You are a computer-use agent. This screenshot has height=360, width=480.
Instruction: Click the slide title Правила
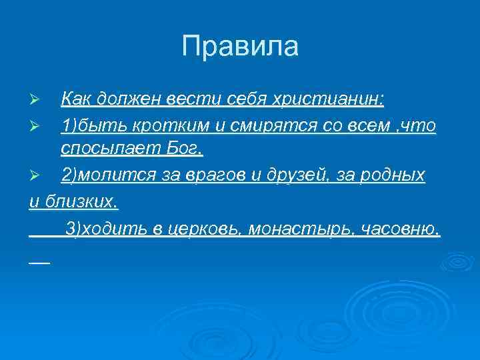pos(240,46)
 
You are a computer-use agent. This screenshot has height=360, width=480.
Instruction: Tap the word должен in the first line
pos(127,99)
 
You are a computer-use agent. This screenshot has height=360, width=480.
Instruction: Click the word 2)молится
pos(99,175)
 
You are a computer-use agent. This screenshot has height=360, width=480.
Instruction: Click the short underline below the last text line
pos(39,261)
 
